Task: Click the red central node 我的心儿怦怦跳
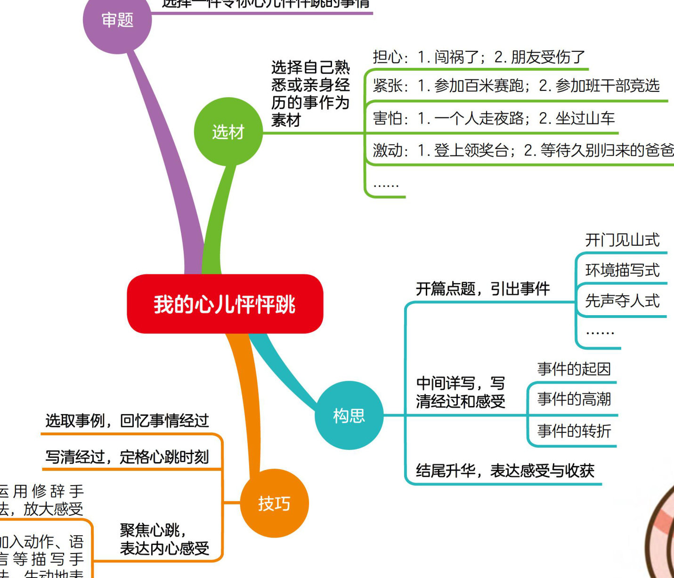click(225, 304)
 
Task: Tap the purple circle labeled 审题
click(117, 20)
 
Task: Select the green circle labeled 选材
click(228, 132)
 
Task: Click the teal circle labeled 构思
click(349, 415)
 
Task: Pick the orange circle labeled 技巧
click(274, 504)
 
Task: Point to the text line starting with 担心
click(479, 57)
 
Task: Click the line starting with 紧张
click(516, 86)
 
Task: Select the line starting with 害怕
click(494, 118)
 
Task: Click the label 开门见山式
click(622, 240)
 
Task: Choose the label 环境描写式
click(622, 270)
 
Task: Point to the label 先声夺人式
click(622, 301)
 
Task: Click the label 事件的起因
click(574, 369)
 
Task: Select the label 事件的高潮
click(574, 399)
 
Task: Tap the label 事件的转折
click(574, 431)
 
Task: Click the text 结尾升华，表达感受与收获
click(505, 470)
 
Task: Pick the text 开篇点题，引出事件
click(483, 289)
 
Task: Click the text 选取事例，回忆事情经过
click(127, 420)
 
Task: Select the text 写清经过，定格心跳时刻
click(127, 456)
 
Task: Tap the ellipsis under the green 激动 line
click(386, 184)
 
